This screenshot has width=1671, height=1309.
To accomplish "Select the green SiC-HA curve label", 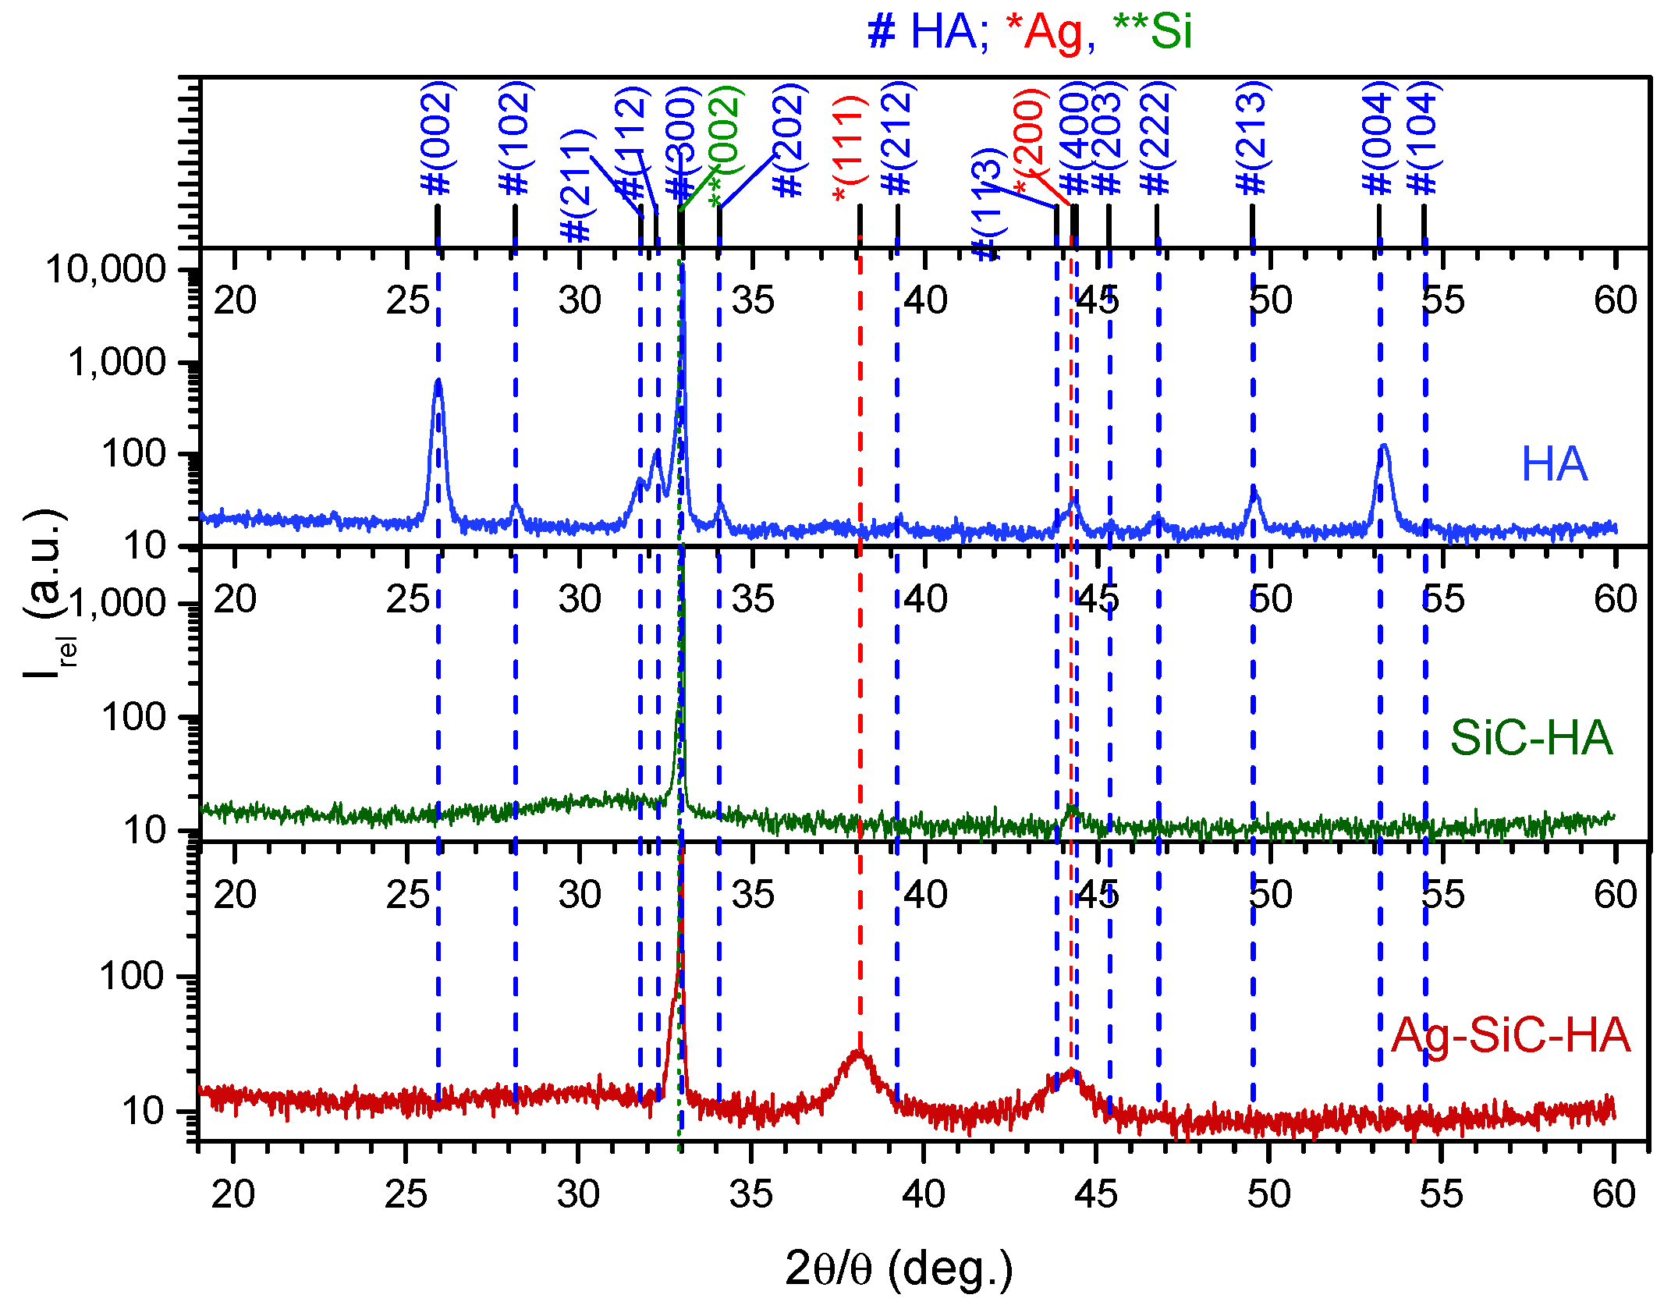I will click(1531, 738).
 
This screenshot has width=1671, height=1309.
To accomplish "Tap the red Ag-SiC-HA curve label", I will click(1510, 1035).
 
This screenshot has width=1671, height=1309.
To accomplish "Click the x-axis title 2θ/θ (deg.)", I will click(899, 1268).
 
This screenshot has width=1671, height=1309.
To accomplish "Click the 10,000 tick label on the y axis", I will click(107, 270).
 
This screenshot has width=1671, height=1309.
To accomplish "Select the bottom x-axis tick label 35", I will click(750, 1194).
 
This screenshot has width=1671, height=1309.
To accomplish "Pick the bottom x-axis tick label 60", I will click(1613, 1194).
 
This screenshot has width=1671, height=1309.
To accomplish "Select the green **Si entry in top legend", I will click(1152, 33).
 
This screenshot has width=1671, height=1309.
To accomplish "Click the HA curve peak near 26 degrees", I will click(438, 382).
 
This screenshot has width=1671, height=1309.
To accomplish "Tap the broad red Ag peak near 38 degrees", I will click(859, 1053).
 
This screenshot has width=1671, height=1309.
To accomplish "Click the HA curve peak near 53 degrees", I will click(1384, 447).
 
